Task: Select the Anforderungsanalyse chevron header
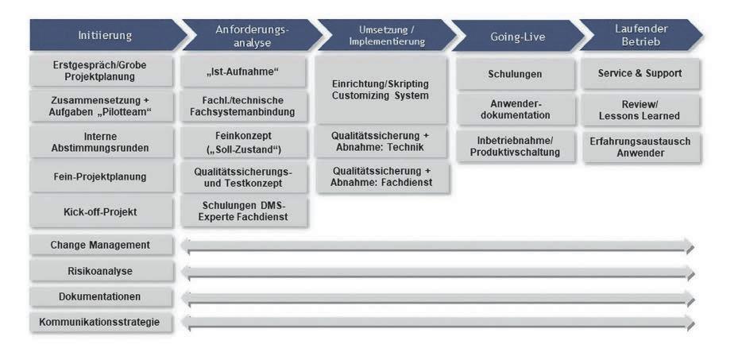253,36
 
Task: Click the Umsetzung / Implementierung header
386,36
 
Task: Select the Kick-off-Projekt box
101,212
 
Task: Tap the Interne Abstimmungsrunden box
101,142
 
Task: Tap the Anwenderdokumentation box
515,109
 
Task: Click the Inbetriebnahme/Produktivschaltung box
515,146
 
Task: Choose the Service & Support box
639,73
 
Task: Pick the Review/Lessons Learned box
639,110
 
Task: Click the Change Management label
101,245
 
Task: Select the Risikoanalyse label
101,271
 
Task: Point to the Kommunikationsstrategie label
101,322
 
